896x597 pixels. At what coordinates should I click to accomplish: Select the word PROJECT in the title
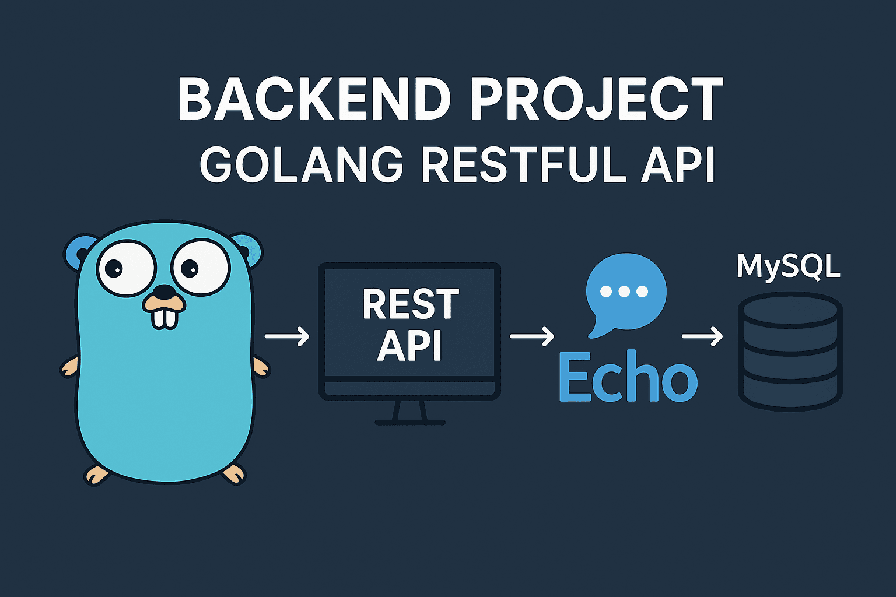[597, 99]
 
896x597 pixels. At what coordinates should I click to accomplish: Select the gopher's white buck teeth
[164, 318]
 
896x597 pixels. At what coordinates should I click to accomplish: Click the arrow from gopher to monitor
[287, 336]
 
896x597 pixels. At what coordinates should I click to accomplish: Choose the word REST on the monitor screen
[411, 304]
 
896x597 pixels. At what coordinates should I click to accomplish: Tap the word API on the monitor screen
[409, 346]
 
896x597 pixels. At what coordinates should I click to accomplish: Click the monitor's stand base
[410, 422]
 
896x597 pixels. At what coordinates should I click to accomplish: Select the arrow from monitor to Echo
[532, 336]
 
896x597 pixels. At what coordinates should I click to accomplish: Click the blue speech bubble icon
[625, 295]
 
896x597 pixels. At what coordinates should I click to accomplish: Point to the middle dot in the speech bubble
[624, 292]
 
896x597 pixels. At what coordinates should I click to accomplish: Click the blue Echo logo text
[628, 377]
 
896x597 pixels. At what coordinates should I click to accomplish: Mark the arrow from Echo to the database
[702, 336]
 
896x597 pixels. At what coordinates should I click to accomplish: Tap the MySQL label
[788, 267]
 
